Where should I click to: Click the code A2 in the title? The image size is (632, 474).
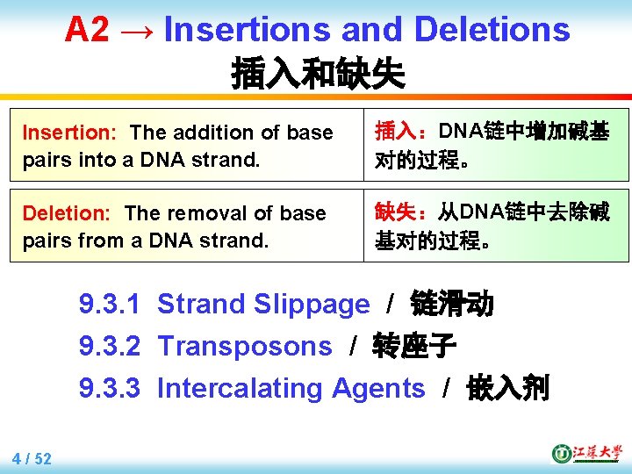pyautogui.click(x=87, y=30)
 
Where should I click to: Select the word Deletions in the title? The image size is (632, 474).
pyautogui.click(x=492, y=30)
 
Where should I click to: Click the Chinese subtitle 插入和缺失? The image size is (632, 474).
pyautogui.click(x=318, y=74)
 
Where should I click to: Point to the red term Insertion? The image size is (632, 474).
pyautogui.click(x=69, y=133)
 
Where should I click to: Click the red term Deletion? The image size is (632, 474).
pyautogui.click(x=67, y=213)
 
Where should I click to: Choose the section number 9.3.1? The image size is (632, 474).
pyautogui.click(x=110, y=305)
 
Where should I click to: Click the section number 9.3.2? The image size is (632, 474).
pyautogui.click(x=110, y=347)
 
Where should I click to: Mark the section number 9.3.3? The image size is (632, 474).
pyautogui.click(x=110, y=388)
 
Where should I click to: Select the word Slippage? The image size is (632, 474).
pyautogui.click(x=312, y=305)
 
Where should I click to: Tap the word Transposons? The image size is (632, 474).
pyautogui.click(x=245, y=347)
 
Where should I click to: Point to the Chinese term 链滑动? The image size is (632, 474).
pyautogui.click(x=452, y=305)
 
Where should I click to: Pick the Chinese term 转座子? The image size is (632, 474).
pyautogui.click(x=414, y=347)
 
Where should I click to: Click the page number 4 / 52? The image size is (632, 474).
pyautogui.click(x=32, y=458)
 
